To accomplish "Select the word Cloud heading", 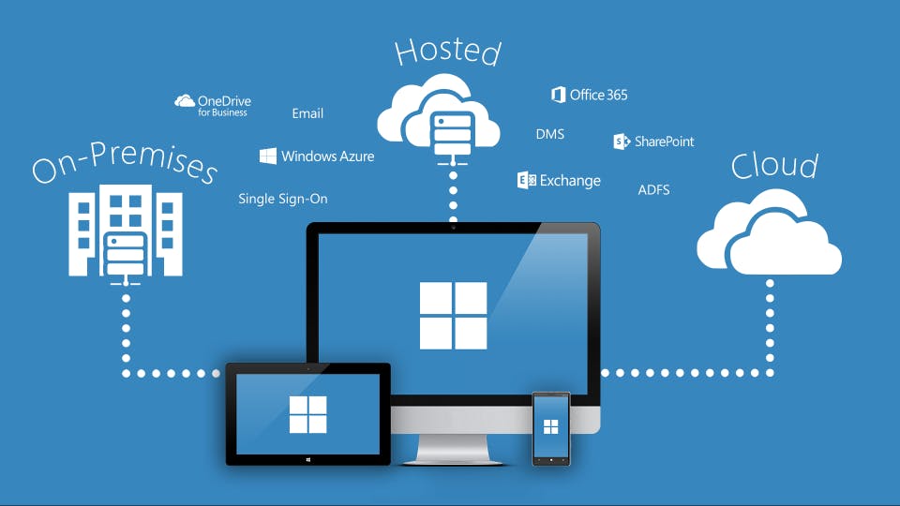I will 774,166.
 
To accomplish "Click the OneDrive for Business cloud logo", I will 185,101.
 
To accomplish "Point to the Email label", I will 307,113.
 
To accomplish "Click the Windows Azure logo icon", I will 267,156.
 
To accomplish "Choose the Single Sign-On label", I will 283,199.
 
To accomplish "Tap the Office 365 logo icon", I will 559,95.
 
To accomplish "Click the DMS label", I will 550,134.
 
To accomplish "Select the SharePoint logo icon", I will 621,141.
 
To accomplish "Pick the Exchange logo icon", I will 526,181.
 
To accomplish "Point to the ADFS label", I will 653,189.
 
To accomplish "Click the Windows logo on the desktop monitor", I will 453,315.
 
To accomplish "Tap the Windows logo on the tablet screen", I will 307,414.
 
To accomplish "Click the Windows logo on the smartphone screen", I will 551,427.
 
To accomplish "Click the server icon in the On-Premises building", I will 125,251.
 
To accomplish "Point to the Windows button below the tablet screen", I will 307,459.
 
